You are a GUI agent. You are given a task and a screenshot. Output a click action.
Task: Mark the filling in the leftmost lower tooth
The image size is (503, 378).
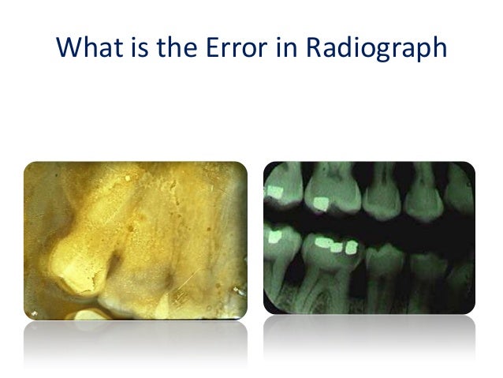tap(278, 234)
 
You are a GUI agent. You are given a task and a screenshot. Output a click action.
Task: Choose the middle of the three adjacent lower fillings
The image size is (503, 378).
tap(337, 249)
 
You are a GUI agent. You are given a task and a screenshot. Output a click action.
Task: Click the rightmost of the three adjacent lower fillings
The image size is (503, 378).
tap(352, 246)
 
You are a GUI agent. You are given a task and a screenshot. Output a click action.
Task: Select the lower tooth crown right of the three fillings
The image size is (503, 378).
tap(384, 260)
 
